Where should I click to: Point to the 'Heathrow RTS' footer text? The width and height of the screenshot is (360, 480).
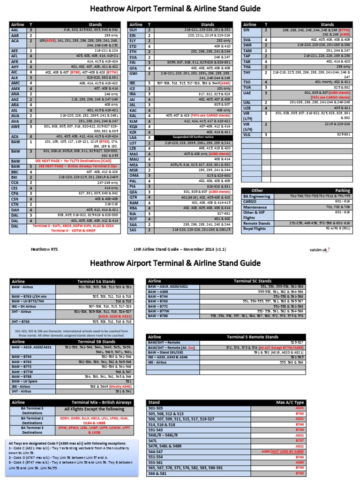(41, 249)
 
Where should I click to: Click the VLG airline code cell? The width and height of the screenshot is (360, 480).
(247, 134)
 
